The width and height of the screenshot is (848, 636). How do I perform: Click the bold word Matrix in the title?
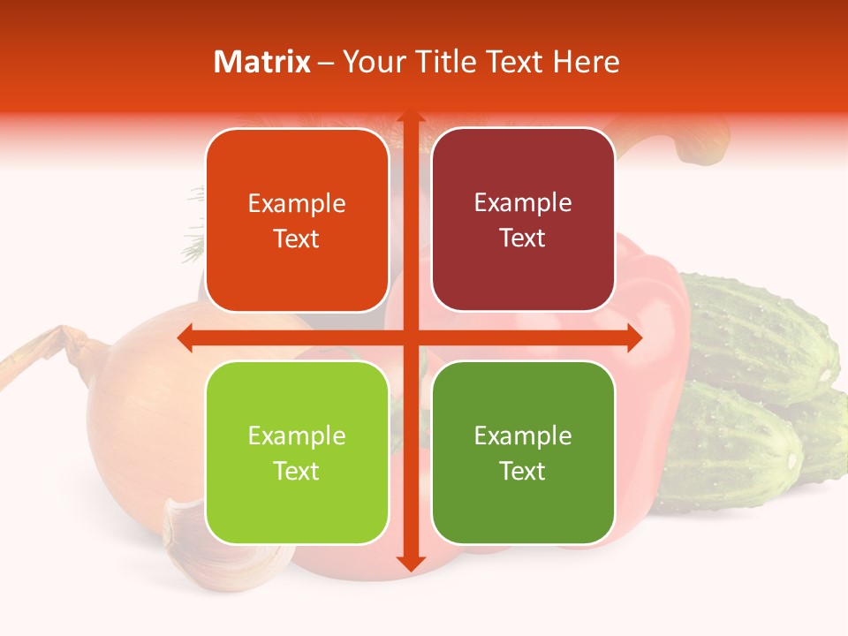click(x=262, y=62)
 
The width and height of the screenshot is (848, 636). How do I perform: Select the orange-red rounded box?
click(x=297, y=221)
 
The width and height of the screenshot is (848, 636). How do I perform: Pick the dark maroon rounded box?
click(x=523, y=220)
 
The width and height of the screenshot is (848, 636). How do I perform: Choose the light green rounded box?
click(x=297, y=452)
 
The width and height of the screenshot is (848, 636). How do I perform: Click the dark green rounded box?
click(x=523, y=452)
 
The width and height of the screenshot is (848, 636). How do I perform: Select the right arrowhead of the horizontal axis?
click(x=633, y=337)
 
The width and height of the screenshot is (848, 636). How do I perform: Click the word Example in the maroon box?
click(x=523, y=203)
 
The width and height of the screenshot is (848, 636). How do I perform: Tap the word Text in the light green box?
click(x=296, y=471)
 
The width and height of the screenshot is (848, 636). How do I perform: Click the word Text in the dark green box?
click(x=523, y=471)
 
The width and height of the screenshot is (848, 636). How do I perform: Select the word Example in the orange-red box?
click(x=297, y=204)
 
